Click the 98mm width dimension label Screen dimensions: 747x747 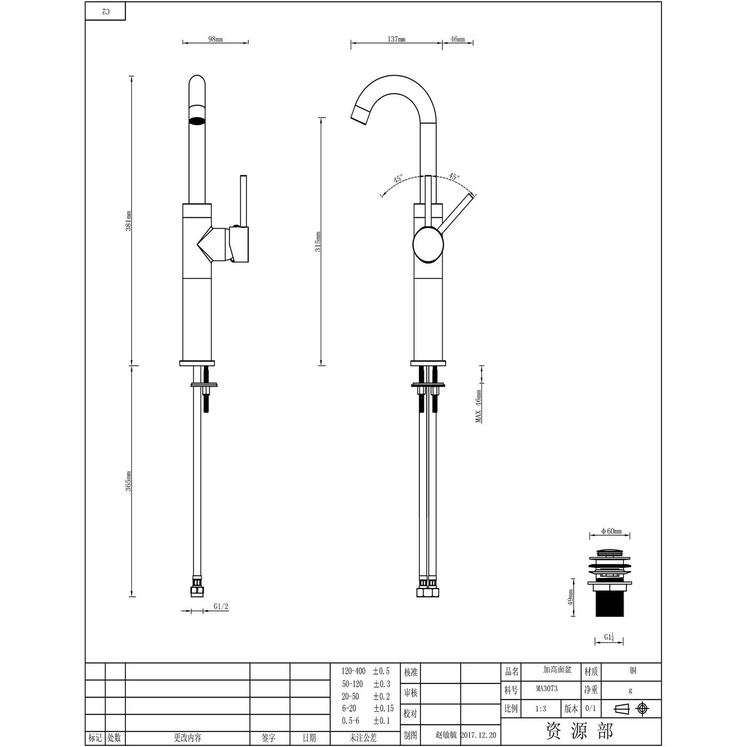point(216,39)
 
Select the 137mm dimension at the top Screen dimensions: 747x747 point(396,39)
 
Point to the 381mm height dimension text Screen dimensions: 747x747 point(129,221)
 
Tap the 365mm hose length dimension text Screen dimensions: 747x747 point(129,481)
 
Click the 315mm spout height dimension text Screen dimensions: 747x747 point(318,242)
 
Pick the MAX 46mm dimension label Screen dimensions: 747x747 point(479,406)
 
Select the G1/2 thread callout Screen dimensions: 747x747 point(221,606)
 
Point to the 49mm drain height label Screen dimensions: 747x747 point(570,598)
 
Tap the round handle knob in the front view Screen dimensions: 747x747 point(428,244)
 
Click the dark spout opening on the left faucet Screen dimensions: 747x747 point(197,120)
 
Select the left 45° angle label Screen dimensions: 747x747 point(398,179)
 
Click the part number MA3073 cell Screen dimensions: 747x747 point(547,689)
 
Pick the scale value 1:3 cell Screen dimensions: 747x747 point(541,709)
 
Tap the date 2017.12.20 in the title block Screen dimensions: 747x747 point(478,735)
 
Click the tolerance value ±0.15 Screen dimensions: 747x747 point(383,709)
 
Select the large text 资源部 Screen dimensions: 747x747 point(579,730)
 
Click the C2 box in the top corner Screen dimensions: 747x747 point(106,11)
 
